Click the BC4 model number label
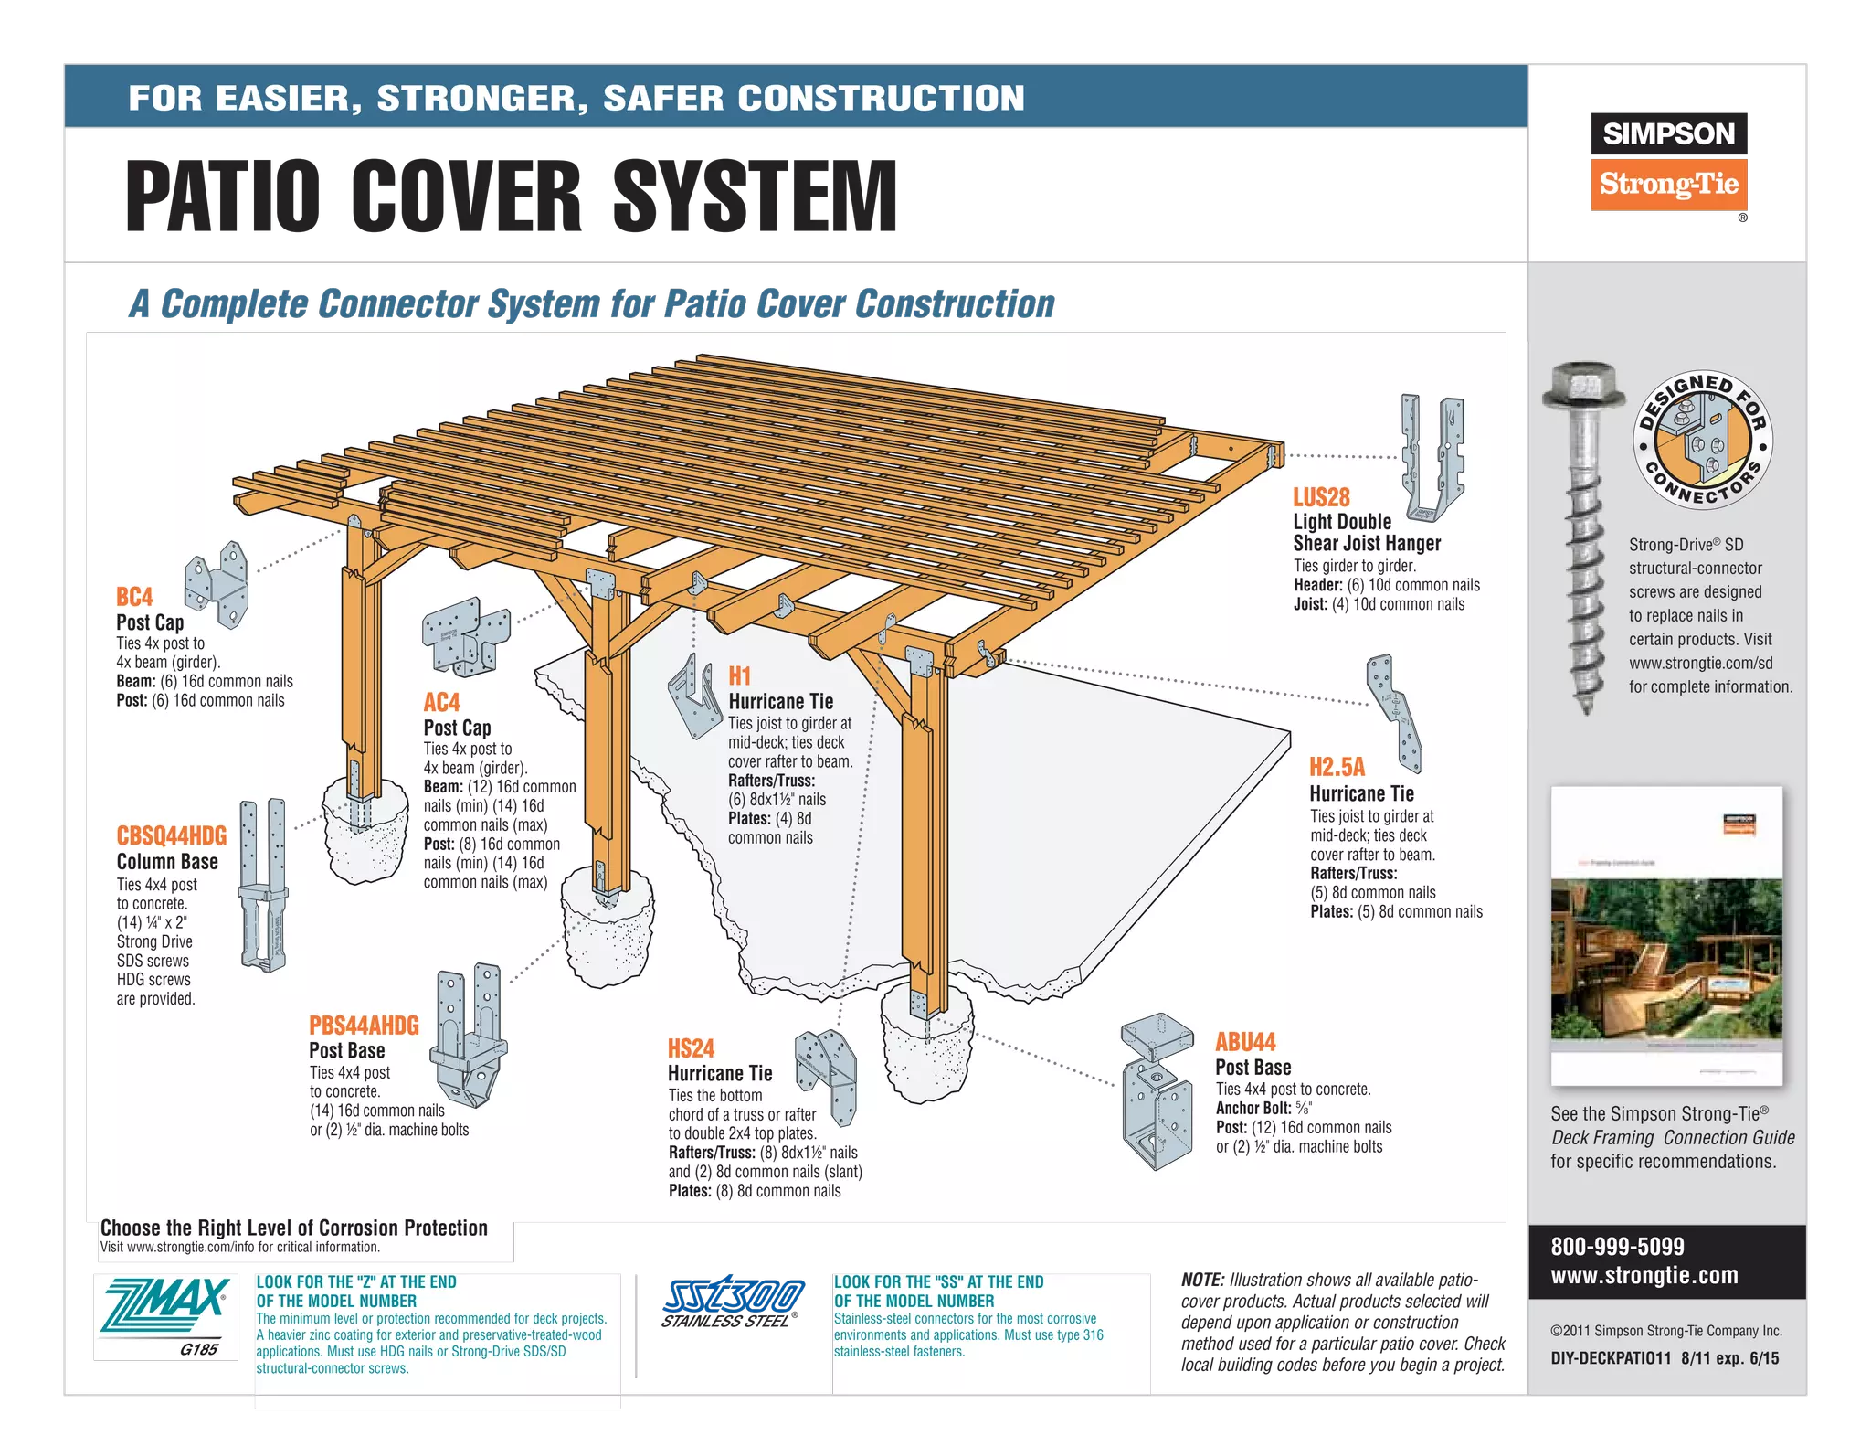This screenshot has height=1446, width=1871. (134, 598)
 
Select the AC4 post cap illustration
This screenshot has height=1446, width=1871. (465, 637)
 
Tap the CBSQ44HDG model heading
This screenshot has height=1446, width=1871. (172, 835)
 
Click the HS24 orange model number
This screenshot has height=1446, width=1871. (691, 1048)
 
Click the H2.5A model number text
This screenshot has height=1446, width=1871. (1337, 767)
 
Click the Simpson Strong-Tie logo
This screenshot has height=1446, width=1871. (1668, 162)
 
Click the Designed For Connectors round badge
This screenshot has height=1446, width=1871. (1702, 440)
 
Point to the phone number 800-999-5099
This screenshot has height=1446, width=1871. (1617, 1247)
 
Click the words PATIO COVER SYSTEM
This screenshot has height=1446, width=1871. (512, 196)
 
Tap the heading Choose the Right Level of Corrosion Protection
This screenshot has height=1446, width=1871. (293, 1228)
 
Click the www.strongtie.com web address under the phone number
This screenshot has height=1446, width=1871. (1644, 1276)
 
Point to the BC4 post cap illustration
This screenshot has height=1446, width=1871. (217, 584)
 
